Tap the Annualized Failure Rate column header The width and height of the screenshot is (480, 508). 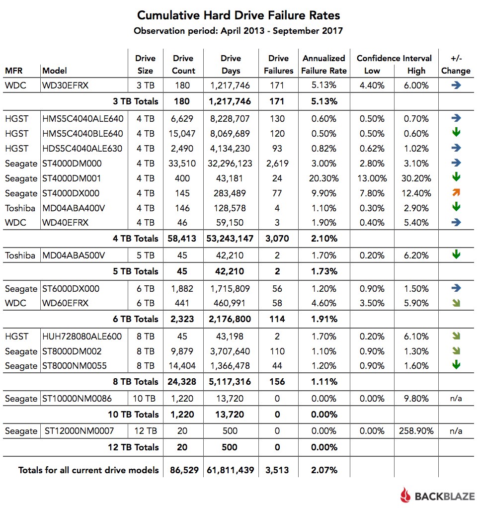(x=324, y=64)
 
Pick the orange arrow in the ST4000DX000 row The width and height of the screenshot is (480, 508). (x=456, y=192)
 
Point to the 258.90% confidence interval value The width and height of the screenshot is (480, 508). (x=416, y=431)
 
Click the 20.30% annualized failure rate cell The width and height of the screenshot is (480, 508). (x=324, y=178)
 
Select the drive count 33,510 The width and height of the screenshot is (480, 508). (x=183, y=163)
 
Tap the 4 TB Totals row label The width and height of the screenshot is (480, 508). (x=136, y=239)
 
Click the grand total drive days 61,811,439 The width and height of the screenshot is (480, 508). (x=231, y=470)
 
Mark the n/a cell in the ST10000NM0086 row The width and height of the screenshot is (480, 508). (x=456, y=398)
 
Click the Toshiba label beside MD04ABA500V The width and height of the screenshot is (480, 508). (x=20, y=255)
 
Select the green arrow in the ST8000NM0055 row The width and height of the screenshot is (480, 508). (x=456, y=365)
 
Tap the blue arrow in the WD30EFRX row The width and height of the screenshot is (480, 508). (x=456, y=85)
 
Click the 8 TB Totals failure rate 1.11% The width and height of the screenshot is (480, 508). (x=324, y=382)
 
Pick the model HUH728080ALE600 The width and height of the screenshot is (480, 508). (x=82, y=337)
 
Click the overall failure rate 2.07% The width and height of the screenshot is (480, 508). (x=324, y=470)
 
